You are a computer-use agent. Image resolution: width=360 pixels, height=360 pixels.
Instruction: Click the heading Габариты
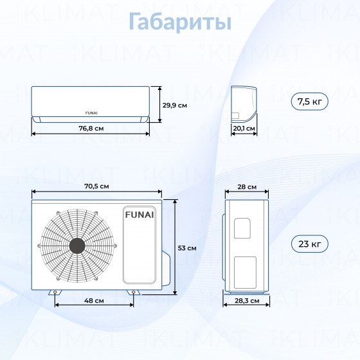pyautogui.click(x=180, y=22)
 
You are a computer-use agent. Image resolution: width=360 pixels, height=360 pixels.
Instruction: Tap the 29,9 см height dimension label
pyautogui.click(x=175, y=105)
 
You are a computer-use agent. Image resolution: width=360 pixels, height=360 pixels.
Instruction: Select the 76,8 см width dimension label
pyautogui.click(x=91, y=129)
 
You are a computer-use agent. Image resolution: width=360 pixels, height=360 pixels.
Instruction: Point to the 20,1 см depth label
pyautogui.click(x=244, y=129)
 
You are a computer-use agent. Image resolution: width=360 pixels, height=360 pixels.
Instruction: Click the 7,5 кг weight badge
pyautogui.click(x=309, y=102)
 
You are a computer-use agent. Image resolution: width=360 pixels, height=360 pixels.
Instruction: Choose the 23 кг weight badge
pyautogui.click(x=309, y=244)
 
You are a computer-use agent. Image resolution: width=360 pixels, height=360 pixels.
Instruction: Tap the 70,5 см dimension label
pyautogui.click(x=96, y=186)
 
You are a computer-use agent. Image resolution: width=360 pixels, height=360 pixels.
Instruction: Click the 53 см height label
pyautogui.click(x=187, y=248)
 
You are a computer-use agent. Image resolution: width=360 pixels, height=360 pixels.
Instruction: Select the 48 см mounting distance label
pyautogui.click(x=94, y=301)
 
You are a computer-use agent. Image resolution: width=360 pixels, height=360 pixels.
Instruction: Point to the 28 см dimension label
pyautogui.click(x=247, y=187)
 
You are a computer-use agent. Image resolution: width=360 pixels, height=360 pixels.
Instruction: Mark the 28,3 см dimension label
pyautogui.click(x=247, y=301)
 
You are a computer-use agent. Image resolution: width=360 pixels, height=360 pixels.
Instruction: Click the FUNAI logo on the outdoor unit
pyautogui.click(x=139, y=215)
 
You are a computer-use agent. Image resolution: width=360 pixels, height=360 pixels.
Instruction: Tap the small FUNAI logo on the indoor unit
pyautogui.click(x=91, y=113)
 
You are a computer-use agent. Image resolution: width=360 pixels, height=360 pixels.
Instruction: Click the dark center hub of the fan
pyautogui.click(x=77, y=246)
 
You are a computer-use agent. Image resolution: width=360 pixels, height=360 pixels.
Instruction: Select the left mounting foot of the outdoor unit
pyautogui.click(x=55, y=292)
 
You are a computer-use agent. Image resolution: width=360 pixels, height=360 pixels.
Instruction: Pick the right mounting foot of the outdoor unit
pyautogui.click(x=134, y=292)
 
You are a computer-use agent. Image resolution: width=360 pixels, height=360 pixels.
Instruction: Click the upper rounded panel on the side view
pyautogui.click(x=242, y=228)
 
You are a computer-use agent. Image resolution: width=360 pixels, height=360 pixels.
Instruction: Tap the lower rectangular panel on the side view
pyautogui.click(x=245, y=273)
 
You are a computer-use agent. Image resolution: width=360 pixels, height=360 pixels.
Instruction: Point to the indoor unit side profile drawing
pyautogui.click(x=244, y=104)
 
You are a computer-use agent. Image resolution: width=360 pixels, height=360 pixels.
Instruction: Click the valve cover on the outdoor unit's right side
pyautogui.click(x=166, y=269)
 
